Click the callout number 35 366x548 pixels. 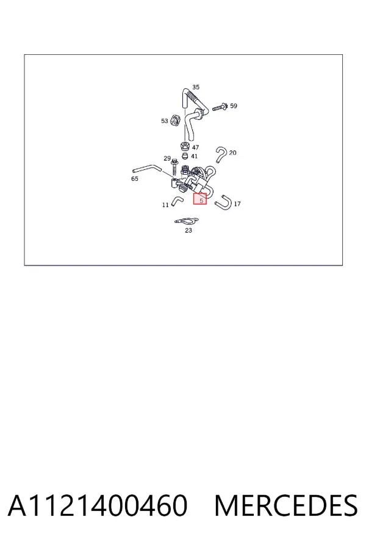tap(196, 87)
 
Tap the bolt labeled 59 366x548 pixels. tap(220, 107)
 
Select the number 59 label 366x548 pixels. tap(234, 105)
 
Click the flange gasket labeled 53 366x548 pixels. tap(176, 120)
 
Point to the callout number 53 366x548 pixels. tap(165, 121)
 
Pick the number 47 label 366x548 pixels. tap(195, 147)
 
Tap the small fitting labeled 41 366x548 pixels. tap(185, 155)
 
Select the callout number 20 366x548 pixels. tap(232, 153)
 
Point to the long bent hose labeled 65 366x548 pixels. tap(147, 169)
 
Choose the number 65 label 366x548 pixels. tap(134, 178)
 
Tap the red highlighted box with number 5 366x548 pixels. tap(200, 199)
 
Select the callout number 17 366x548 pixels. tap(237, 204)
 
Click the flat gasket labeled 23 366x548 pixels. tap(187, 221)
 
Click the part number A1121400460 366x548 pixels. tap(98, 505)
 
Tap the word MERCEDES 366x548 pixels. tap(286, 505)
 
